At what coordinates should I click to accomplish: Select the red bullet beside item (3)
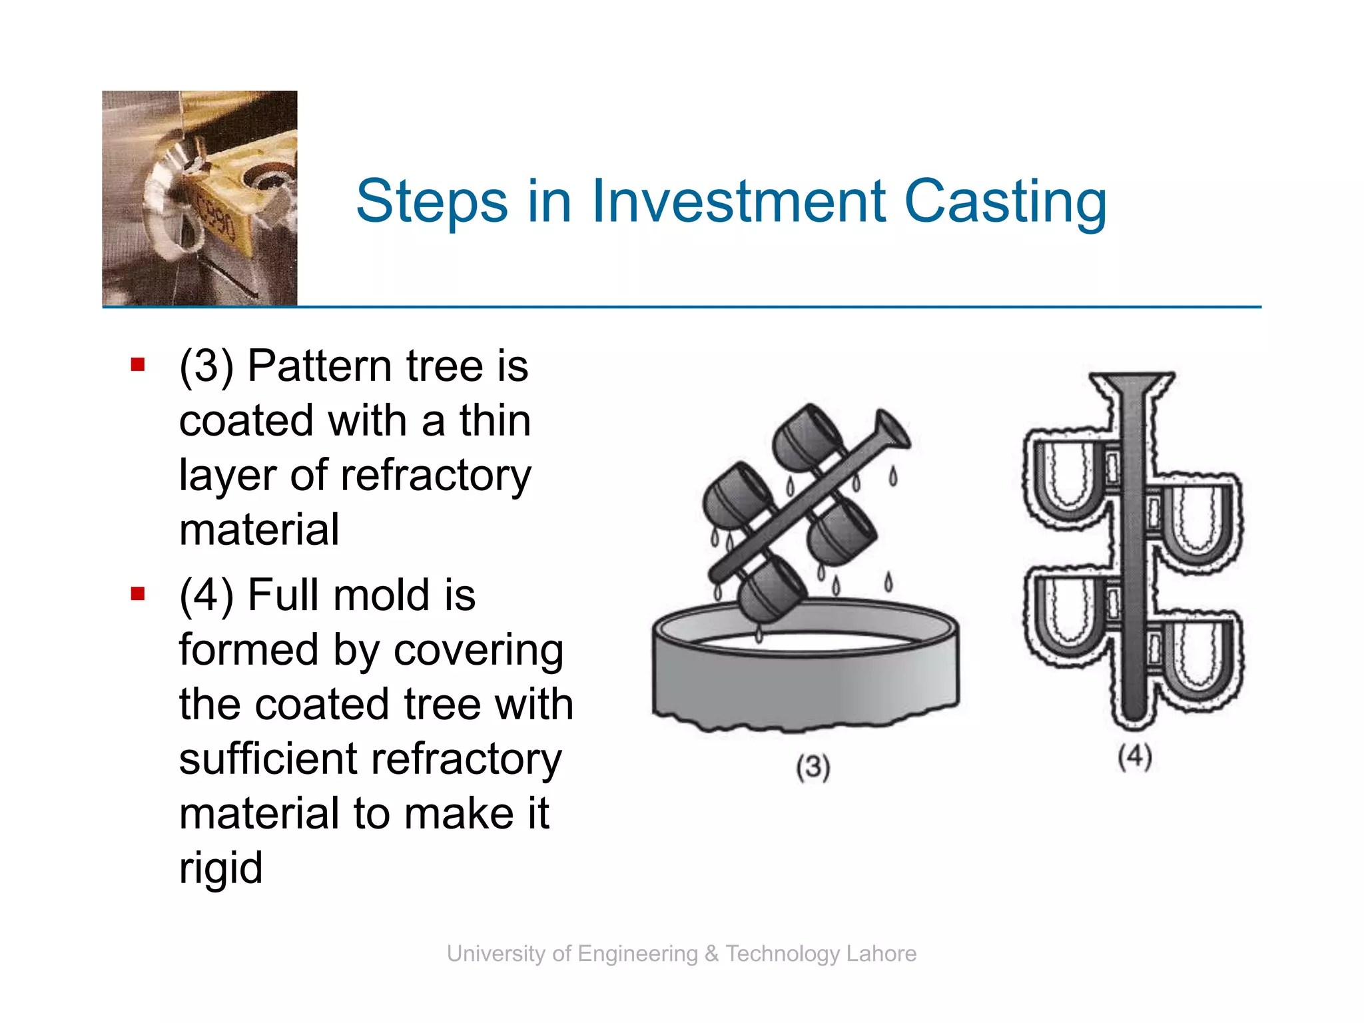[138, 364]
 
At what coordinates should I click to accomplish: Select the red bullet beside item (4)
[138, 593]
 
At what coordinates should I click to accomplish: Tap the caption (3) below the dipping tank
[813, 767]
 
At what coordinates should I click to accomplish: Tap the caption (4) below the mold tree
[1135, 757]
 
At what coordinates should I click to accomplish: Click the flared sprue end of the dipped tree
[892, 430]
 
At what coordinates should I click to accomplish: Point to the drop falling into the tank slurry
[759, 633]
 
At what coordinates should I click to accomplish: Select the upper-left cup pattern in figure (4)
[1068, 480]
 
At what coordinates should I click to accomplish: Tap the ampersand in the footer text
[711, 954]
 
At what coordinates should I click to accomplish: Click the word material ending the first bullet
[259, 530]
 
